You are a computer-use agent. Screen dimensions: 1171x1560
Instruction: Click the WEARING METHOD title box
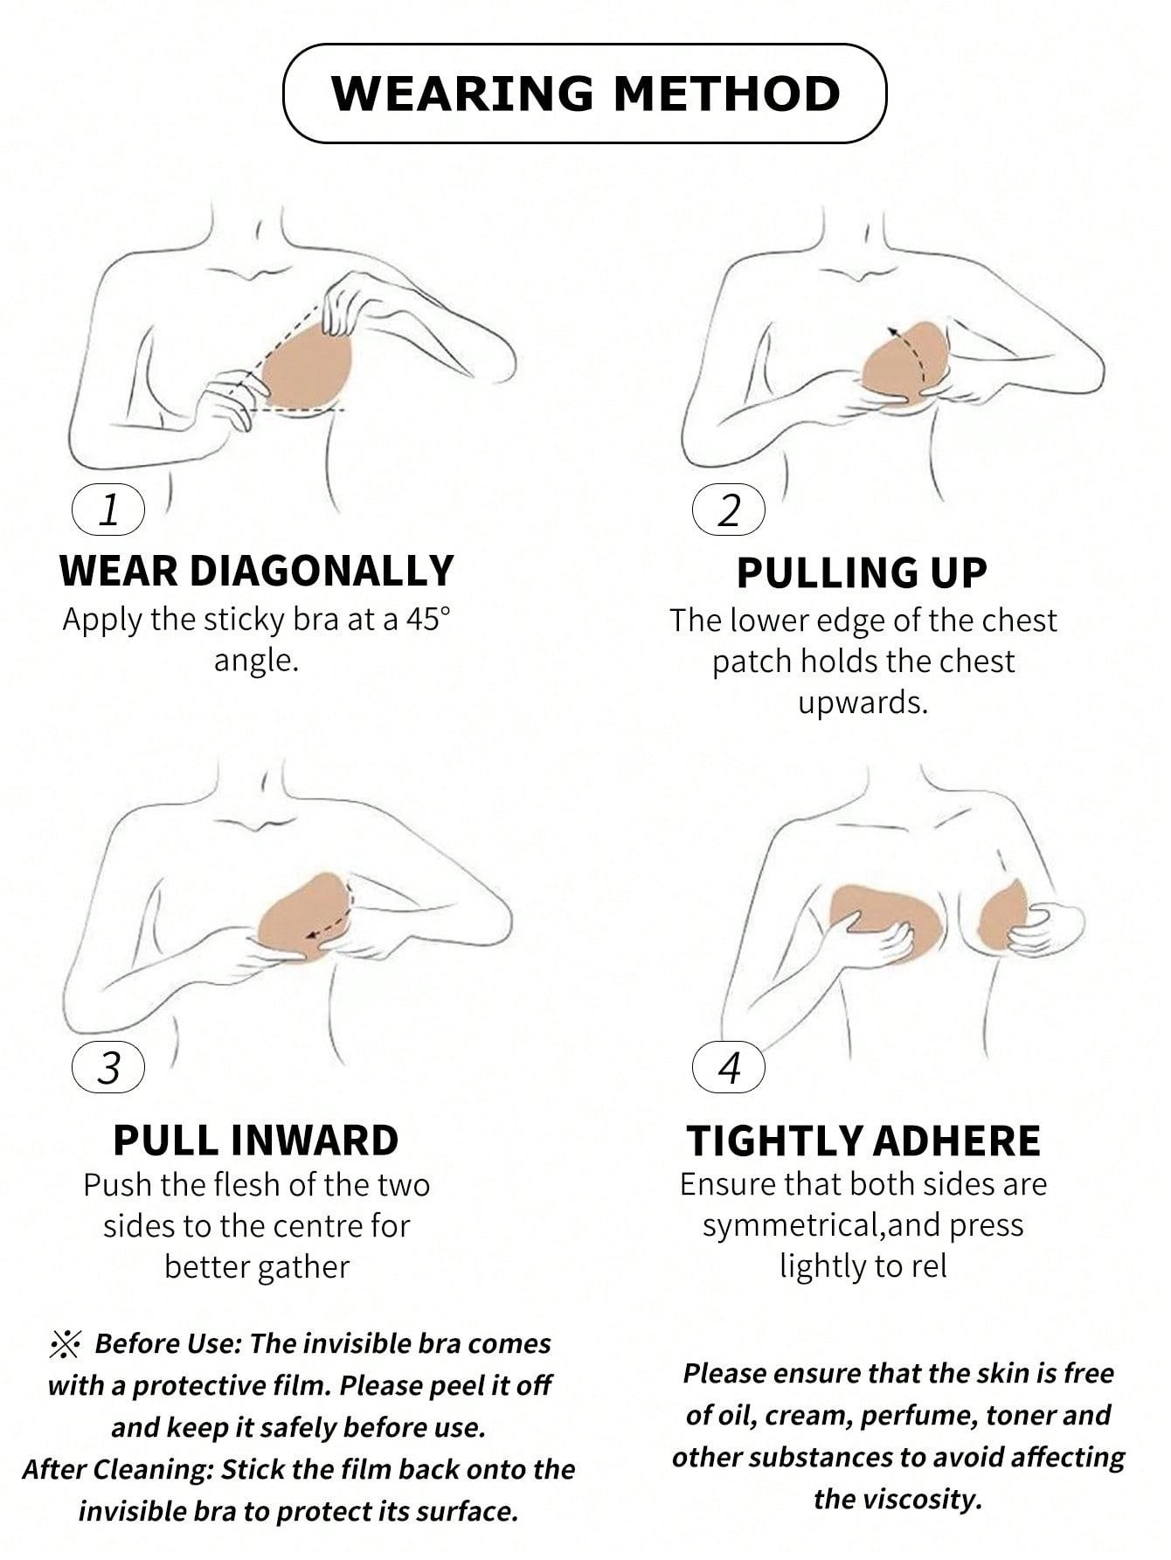585,94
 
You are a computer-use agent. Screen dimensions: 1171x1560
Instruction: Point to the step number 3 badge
108,1067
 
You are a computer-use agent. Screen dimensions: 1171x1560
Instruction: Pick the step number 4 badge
728,1067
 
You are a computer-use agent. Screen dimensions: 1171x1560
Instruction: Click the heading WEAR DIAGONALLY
257,571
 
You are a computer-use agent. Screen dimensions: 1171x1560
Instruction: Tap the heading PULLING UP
862,573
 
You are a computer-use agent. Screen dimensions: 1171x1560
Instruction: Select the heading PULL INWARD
256,1141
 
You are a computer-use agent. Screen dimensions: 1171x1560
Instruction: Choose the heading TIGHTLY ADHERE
863,1141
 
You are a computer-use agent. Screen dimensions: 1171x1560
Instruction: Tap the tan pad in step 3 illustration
308,917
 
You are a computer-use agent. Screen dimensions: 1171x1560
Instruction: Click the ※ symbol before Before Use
66,1343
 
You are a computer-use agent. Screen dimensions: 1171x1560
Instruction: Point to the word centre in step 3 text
315,1226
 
